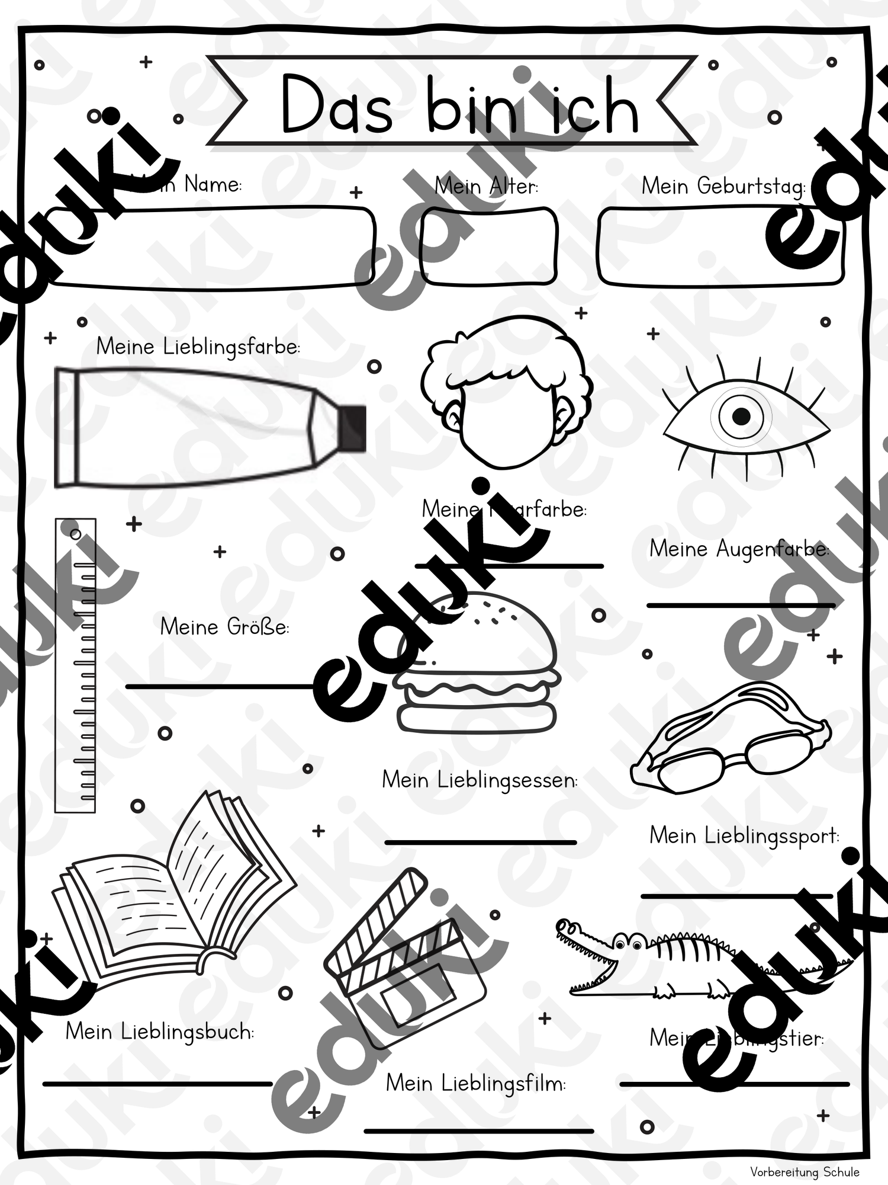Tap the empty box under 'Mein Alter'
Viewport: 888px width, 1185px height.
pos(488,246)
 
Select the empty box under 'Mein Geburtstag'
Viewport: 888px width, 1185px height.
pos(719,246)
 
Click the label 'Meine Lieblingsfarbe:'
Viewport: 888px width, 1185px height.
pos(198,347)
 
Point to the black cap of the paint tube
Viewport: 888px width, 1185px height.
pos(353,428)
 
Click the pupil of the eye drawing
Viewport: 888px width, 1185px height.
pos(741,417)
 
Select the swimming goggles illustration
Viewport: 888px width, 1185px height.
pos(731,741)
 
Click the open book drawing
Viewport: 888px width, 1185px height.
pos(172,901)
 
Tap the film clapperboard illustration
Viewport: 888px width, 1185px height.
pos(403,960)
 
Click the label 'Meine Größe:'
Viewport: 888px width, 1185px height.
pos(224,627)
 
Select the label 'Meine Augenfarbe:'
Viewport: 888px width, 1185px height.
pos(739,549)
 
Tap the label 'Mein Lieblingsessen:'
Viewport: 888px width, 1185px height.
pos(480,780)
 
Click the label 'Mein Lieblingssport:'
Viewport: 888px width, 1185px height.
pos(744,836)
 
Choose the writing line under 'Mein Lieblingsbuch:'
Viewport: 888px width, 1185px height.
pos(157,1084)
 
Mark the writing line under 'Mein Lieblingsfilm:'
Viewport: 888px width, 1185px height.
pos(478,1130)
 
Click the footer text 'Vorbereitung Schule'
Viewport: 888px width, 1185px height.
pos(805,1171)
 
